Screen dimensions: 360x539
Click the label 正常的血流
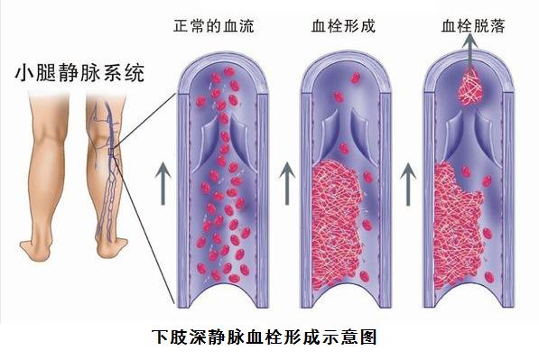coord(214,26)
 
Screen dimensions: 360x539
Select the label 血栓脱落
coord(472,26)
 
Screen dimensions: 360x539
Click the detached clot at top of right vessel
coord(472,88)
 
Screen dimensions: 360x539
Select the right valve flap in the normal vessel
coord(241,135)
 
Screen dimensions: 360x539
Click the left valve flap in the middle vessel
coord(329,135)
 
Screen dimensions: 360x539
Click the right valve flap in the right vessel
coord(488,135)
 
